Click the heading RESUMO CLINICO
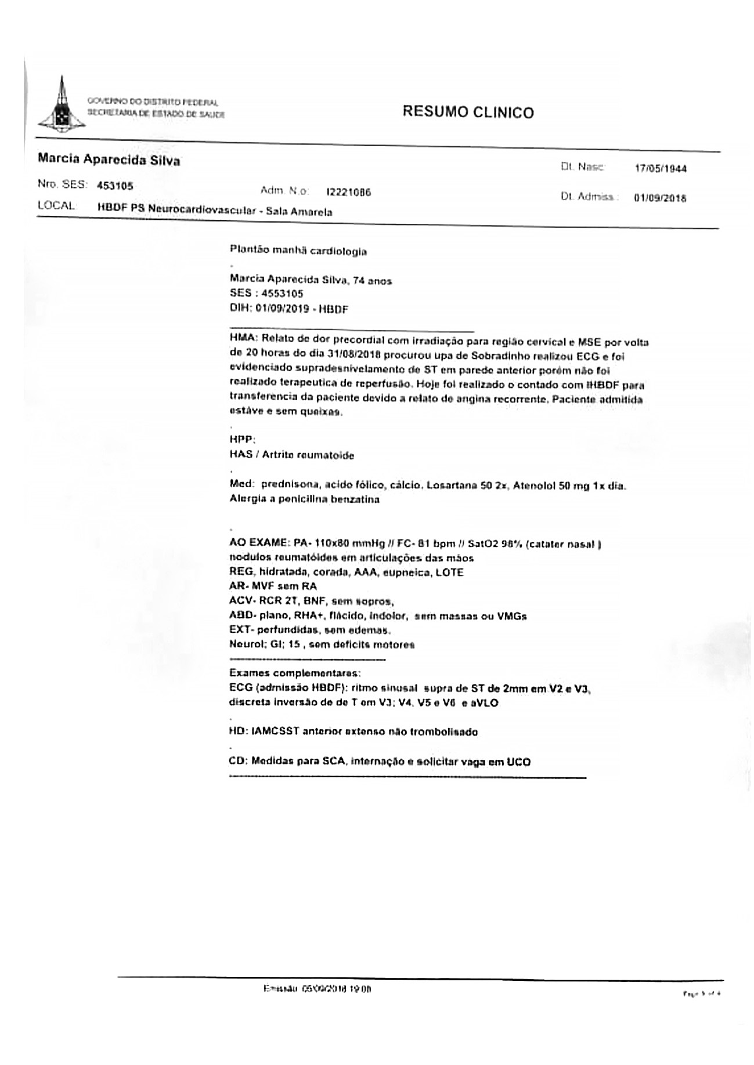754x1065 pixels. point(468,112)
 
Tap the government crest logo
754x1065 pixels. point(61,106)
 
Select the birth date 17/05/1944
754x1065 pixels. point(661,169)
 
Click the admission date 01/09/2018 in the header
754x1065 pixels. point(660,198)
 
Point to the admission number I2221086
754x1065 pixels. point(348,192)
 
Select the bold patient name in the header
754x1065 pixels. point(109,160)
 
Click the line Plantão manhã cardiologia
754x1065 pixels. point(298,251)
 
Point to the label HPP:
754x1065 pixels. point(243,440)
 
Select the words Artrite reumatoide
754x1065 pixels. point(308,455)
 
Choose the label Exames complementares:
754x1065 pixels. point(295,673)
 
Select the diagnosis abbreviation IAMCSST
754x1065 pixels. point(275,731)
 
